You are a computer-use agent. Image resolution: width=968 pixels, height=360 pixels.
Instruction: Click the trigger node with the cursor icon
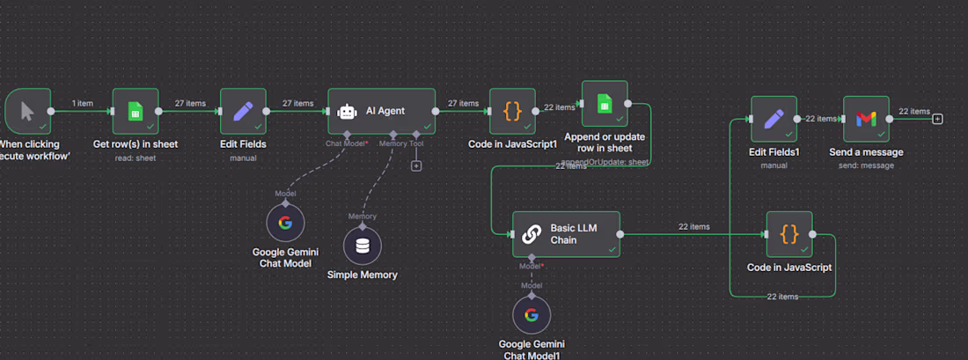coord(27,111)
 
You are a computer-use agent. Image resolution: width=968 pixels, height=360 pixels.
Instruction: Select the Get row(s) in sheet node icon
coord(136,111)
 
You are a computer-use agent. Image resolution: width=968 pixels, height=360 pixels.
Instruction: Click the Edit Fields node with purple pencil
coord(243,111)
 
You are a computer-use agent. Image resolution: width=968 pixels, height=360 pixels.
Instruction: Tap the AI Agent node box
coord(381,111)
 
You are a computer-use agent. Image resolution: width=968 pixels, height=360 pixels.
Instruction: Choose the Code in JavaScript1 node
coord(512,111)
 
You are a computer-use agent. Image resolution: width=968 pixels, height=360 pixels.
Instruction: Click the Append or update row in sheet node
coord(605,104)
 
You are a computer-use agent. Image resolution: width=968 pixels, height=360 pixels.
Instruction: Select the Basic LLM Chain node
coord(566,234)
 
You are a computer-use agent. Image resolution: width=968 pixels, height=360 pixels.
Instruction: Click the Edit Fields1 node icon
coord(774,119)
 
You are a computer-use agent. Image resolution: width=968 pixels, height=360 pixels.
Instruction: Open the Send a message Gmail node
coord(866,119)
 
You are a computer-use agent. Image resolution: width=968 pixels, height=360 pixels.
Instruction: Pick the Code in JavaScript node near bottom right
coord(789,234)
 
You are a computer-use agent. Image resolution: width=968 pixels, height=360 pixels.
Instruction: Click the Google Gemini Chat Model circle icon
coord(285,223)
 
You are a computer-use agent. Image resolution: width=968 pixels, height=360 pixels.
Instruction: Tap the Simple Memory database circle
coord(363,246)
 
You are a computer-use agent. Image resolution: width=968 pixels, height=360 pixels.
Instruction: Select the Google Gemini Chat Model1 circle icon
coord(531,315)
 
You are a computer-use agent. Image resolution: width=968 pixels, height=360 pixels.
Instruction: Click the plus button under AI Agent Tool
coord(416,165)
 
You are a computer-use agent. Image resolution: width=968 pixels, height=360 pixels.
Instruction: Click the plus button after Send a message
coord(938,119)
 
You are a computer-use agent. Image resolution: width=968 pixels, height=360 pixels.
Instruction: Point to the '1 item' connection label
coord(82,103)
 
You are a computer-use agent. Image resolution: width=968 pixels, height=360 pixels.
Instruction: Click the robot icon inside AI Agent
coord(348,111)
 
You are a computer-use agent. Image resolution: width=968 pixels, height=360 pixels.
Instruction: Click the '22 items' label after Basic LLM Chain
coord(694,226)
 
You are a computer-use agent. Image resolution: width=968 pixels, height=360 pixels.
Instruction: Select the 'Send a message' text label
coord(866,152)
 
